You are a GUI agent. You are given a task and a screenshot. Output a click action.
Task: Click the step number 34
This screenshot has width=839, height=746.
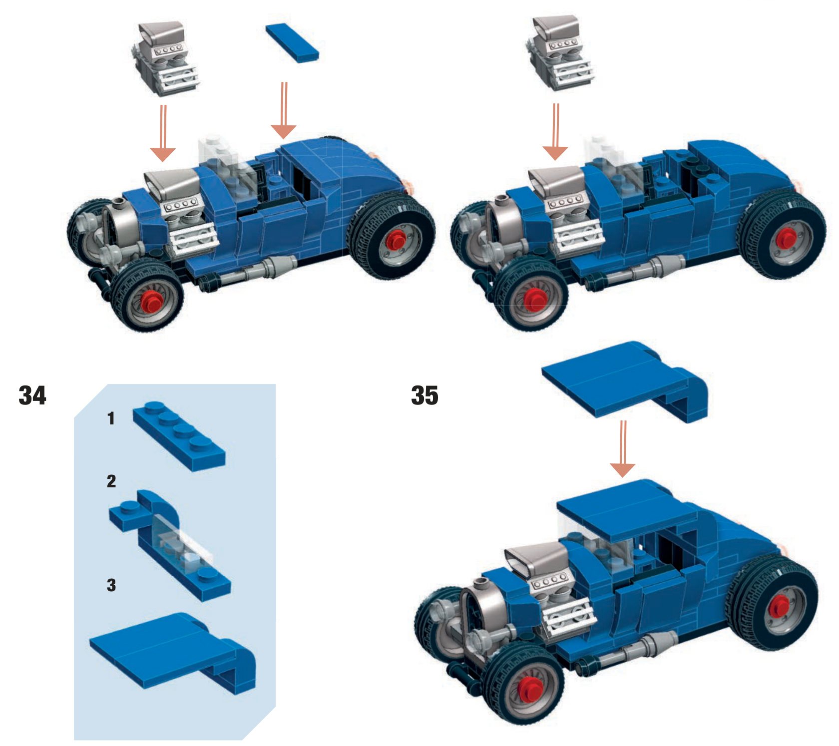coord(32,395)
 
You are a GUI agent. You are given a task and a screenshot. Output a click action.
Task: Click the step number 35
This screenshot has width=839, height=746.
coord(424,395)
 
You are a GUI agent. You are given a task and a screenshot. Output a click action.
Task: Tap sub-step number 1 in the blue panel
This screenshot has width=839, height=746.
coord(111,418)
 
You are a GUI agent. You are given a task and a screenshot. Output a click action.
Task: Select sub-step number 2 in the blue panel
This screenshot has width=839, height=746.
coord(111,481)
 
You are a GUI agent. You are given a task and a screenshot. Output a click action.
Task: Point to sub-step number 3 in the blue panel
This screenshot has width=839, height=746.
coord(111,585)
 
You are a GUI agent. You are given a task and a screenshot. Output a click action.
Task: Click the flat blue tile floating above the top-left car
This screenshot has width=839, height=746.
coord(292,42)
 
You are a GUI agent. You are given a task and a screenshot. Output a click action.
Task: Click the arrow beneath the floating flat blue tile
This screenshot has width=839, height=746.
coord(284,110)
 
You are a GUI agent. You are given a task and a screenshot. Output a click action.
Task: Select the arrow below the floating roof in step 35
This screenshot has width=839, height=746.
coord(623,448)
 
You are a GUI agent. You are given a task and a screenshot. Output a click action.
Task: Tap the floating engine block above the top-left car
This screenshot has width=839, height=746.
coord(165,59)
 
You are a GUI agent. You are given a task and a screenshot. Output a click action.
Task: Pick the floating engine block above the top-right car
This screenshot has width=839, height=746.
coord(560,53)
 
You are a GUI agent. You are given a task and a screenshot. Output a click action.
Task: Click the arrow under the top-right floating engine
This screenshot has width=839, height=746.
coord(555,132)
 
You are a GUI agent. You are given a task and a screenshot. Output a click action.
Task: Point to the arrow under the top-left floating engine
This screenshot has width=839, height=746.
coord(163,133)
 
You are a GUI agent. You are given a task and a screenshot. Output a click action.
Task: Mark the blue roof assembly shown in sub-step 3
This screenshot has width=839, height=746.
coord(173,653)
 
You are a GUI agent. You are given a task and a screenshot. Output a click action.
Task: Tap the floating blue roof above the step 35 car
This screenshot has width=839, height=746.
coord(625,382)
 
